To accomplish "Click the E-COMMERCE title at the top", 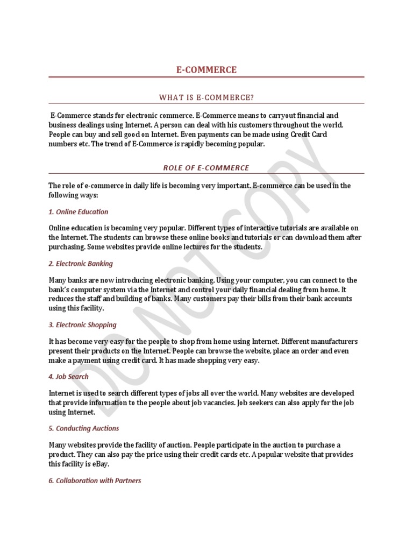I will (x=206, y=70).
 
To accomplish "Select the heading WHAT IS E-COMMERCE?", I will (x=206, y=97).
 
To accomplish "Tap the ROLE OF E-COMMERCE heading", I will (x=206, y=168).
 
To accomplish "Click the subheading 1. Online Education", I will (x=79, y=212).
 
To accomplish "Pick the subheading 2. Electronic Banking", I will (x=81, y=264).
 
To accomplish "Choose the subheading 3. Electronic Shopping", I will (x=82, y=325).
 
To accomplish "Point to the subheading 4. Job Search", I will (x=68, y=377).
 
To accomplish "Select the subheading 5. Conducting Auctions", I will (x=84, y=429).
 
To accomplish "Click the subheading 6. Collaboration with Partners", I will (x=95, y=481).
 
